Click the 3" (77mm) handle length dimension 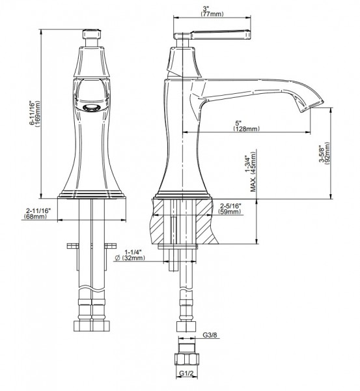coord(212,12)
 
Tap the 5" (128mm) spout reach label coord(246,126)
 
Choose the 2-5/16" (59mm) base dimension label coord(230,209)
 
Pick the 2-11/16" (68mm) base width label coord(37,214)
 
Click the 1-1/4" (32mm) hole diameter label coord(130,255)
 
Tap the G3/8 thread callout coord(210,335)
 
